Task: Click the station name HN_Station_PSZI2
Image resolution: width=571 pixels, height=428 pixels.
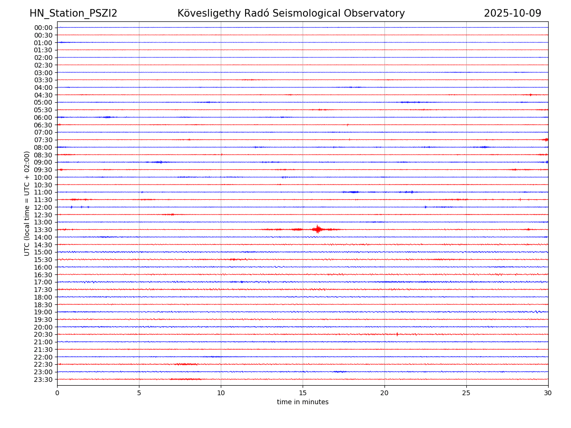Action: pos(73,13)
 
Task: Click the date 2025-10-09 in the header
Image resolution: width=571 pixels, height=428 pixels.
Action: pos(512,13)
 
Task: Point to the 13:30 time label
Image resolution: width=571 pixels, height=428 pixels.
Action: pos(43,230)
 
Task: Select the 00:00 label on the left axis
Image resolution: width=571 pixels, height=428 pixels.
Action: pos(43,28)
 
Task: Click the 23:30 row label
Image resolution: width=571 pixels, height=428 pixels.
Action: pos(43,379)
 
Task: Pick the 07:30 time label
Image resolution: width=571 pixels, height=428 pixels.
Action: pos(43,140)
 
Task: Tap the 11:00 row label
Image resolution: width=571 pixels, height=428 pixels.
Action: pos(43,192)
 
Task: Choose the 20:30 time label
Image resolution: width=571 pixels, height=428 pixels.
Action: pos(43,334)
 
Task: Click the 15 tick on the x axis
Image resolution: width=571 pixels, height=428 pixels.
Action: pos(303,393)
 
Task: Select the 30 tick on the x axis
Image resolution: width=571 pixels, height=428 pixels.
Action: pos(548,393)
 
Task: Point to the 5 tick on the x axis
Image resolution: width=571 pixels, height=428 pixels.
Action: pos(139,393)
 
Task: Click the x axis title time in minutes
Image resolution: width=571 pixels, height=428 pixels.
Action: pos(303,402)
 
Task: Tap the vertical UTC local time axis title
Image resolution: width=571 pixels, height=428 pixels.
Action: pos(27,204)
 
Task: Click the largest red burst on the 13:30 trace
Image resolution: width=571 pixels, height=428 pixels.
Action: pos(317,229)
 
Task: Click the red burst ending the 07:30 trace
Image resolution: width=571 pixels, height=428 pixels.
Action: pos(545,139)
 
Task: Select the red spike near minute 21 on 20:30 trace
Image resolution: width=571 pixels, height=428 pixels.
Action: pos(397,334)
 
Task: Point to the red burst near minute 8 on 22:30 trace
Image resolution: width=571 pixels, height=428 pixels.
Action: pos(186,364)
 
